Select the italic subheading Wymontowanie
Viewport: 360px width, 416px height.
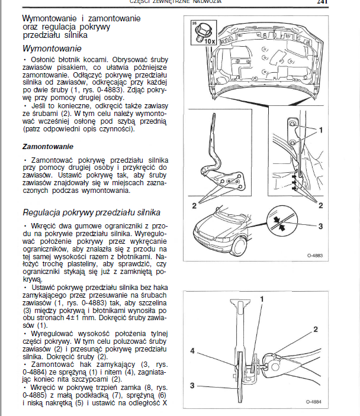point(52,49)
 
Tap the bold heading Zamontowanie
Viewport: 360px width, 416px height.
point(48,146)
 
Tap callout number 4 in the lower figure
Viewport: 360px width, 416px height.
point(192,351)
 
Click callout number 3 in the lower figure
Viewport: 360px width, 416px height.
point(192,385)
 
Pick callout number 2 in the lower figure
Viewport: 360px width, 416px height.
point(316,329)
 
